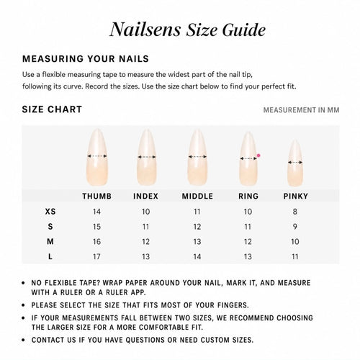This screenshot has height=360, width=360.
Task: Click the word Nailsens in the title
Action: point(145,30)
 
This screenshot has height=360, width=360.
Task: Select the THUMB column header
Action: point(97,196)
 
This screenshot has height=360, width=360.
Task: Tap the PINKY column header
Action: point(295,196)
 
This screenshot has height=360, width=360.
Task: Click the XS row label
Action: point(50,212)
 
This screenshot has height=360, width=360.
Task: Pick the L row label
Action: point(50,256)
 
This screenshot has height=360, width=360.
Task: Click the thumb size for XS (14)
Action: point(96,212)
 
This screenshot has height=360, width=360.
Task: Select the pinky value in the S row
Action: point(295,226)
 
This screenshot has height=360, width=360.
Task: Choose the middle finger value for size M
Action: point(197,241)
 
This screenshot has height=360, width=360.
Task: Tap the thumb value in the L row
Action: point(96,256)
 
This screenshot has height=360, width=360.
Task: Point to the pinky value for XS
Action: point(295,212)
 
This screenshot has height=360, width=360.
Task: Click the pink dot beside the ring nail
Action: point(258,156)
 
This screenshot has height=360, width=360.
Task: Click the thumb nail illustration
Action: point(97,157)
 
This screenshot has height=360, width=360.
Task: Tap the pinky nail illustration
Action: point(295,163)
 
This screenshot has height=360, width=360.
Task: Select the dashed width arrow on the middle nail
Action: point(197,157)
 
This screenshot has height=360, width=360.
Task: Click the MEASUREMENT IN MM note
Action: point(301,110)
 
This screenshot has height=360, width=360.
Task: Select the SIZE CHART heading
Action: point(52,109)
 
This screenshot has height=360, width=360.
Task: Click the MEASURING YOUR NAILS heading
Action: point(86,59)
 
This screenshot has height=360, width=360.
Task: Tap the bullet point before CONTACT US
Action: point(23,340)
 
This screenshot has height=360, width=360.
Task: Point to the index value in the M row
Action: point(145,241)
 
